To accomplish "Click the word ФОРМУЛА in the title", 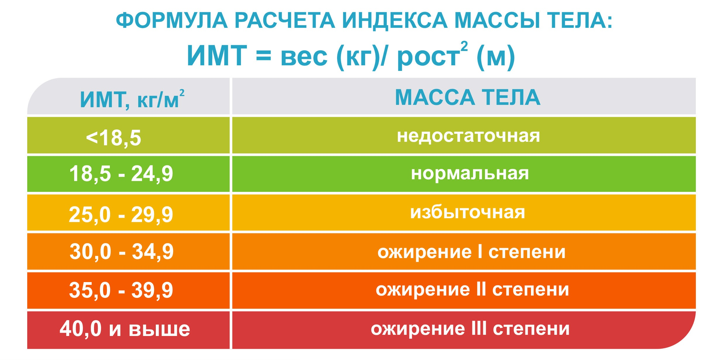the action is pos(172,21).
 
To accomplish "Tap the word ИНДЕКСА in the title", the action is pos(395,21).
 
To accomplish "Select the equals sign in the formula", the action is pos(263,56).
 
